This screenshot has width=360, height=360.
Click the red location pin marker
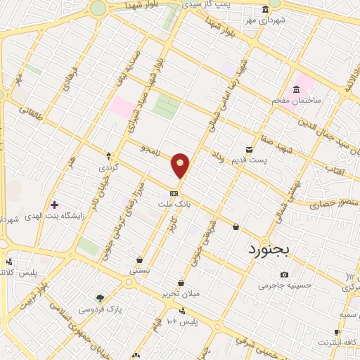[x=181, y=165]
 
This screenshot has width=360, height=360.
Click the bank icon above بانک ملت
[x=174, y=193]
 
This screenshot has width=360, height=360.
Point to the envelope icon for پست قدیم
[x=249, y=149]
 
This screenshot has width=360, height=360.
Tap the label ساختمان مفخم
[x=297, y=101]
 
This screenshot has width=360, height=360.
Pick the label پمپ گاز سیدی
[x=207, y=5]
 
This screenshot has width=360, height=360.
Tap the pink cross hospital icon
[x=54, y=205]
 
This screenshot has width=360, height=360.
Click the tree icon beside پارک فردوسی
[x=99, y=297]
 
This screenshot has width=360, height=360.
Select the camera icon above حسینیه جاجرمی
[x=284, y=274]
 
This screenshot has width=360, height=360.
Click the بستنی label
[x=139, y=269]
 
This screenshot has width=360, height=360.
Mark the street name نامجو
[x=152, y=149]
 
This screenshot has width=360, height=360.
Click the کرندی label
[x=108, y=167]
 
